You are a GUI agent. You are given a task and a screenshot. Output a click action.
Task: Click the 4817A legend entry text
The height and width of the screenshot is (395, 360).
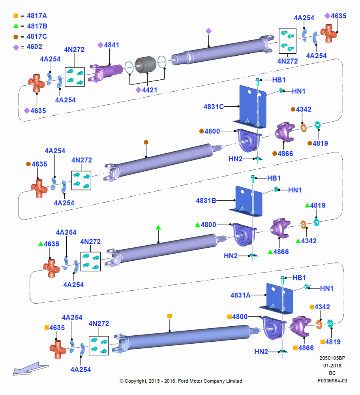click(x=37, y=16)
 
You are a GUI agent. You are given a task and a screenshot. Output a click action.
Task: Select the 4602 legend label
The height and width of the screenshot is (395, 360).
click(x=34, y=47)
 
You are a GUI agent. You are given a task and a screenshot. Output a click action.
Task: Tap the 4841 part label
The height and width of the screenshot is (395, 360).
click(x=112, y=45)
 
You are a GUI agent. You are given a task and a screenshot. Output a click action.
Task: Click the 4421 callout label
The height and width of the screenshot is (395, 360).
click(x=150, y=90)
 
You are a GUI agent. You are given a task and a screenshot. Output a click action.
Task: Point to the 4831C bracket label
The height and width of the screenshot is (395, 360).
click(x=214, y=107)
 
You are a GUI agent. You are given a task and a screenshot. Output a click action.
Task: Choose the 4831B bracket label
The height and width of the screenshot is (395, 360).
click(x=206, y=201)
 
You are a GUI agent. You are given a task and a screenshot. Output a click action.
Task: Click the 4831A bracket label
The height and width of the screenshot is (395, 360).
click(x=240, y=295)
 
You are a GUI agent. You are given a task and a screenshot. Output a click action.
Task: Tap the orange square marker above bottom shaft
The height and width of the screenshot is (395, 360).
click(x=170, y=316)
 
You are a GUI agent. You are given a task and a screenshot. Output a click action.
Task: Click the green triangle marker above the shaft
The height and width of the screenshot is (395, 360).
click(x=158, y=228)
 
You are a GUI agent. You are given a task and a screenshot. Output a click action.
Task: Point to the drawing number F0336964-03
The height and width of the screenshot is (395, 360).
click(x=332, y=381)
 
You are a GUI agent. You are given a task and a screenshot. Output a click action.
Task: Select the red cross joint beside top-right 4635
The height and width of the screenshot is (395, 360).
click(x=329, y=33)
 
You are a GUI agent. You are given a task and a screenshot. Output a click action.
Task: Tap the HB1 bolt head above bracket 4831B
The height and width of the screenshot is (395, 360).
click(x=253, y=178)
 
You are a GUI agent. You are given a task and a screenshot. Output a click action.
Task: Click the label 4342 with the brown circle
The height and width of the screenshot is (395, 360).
click(x=304, y=109)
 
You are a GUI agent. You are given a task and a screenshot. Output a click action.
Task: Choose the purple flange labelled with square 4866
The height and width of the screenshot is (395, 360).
click(x=300, y=326)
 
